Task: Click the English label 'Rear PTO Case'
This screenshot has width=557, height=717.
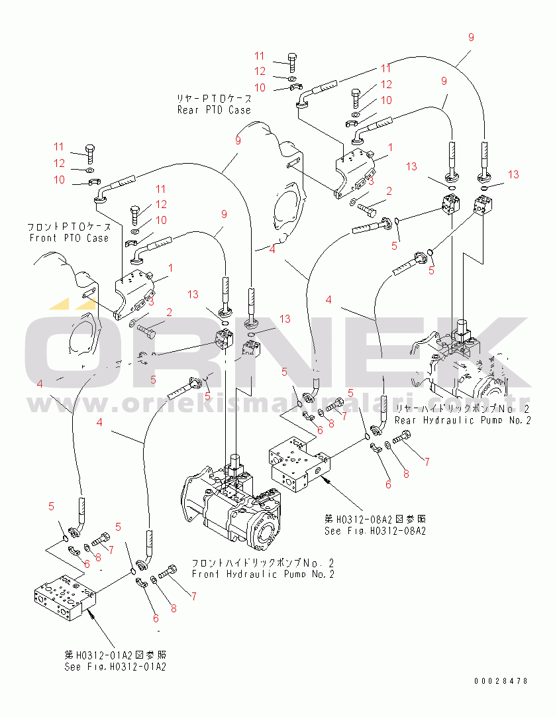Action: [213, 109]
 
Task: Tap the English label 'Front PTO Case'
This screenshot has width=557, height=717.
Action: [69, 238]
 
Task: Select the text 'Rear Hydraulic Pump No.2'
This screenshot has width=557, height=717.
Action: [462, 420]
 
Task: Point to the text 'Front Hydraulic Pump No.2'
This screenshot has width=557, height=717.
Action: [263, 574]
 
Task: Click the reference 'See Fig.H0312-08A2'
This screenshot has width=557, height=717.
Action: [374, 531]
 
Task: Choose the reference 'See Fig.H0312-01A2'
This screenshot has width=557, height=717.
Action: [115, 667]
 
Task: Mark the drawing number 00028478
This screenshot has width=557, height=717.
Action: [501, 681]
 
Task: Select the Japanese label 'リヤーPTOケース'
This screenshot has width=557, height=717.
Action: [211, 98]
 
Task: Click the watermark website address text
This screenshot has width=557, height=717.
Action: [278, 403]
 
